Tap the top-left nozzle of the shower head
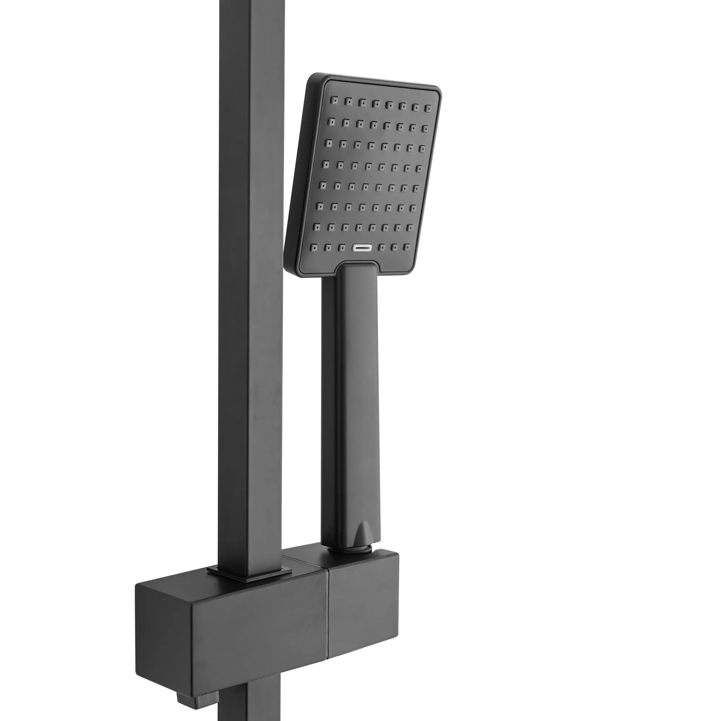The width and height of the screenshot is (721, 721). [x=335, y=100]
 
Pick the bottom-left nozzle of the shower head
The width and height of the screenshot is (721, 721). [x=314, y=247]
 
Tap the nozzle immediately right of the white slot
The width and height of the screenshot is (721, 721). [x=381, y=247]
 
